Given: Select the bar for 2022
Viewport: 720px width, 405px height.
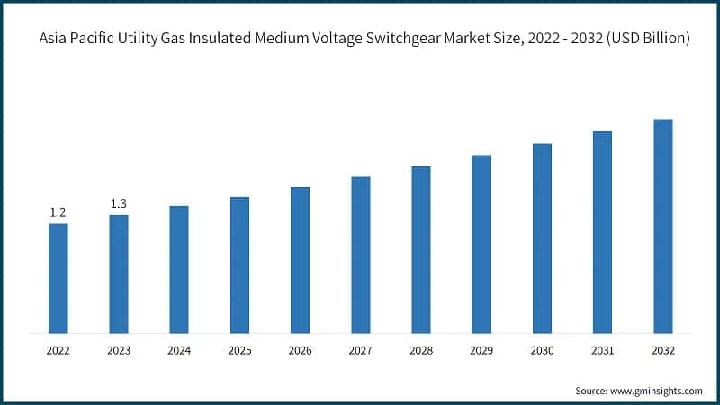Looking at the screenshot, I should click(58, 277).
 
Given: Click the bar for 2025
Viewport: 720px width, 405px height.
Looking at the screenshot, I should click(239, 265).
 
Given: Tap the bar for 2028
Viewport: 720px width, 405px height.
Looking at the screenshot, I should click(421, 249).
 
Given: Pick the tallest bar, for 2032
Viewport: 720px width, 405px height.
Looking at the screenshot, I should click(663, 226).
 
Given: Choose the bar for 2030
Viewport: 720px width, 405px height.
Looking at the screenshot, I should click(542, 238).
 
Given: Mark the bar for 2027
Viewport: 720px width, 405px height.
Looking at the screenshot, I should click(361, 255).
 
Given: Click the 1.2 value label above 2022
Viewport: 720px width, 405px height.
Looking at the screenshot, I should click(58, 212).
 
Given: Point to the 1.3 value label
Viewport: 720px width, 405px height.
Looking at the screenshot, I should click(119, 204).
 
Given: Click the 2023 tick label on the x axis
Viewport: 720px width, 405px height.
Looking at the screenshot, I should click(119, 349).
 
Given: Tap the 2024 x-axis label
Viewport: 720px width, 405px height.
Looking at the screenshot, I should click(179, 349).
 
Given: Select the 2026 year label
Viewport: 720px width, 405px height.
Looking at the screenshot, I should click(300, 349).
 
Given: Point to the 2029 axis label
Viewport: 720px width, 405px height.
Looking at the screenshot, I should click(481, 349).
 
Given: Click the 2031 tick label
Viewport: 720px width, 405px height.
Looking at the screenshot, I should click(602, 349).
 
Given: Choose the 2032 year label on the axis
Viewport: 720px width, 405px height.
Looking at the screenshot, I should click(663, 349).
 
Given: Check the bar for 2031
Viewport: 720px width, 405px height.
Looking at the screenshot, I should click(602, 232).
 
